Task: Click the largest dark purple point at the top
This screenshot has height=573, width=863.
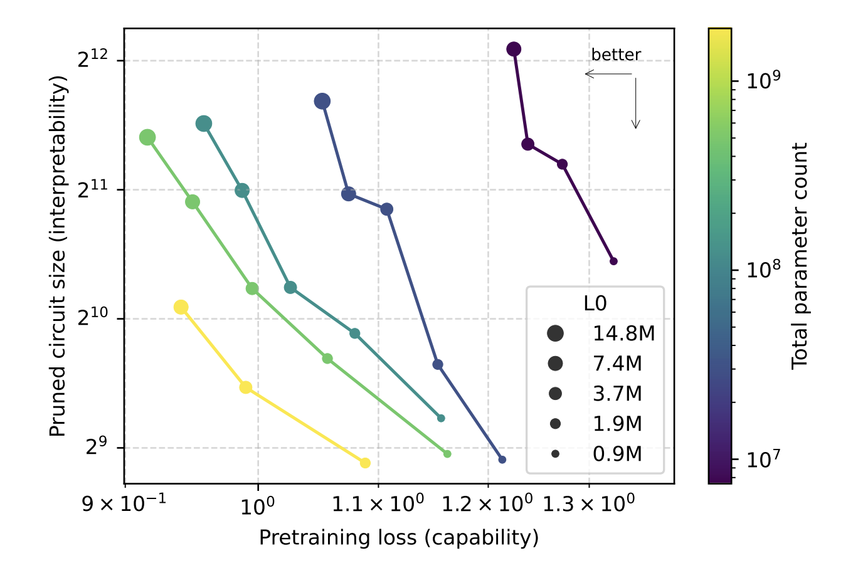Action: (x=514, y=49)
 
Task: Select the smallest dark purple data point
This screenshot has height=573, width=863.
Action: (x=613, y=261)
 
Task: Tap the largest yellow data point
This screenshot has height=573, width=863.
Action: (x=181, y=307)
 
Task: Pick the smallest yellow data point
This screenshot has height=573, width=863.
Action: (x=365, y=463)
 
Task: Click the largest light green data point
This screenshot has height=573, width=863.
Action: (x=147, y=137)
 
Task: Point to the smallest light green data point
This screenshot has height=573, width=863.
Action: (x=447, y=454)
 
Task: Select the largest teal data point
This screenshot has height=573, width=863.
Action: (x=203, y=124)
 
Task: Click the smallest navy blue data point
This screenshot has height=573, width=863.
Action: (x=502, y=460)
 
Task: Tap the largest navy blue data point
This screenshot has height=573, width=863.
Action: (x=322, y=101)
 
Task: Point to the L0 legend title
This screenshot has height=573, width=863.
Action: (x=595, y=303)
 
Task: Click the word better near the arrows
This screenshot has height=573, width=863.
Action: (x=616, y=55)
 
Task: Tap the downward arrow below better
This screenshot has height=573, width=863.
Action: (x=635, y=103)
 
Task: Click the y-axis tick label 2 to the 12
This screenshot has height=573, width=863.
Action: (x=93, y=60)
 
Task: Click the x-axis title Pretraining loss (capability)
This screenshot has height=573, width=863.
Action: (x=399, y=537)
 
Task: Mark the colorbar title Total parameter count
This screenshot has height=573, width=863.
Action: (x=800, y=256)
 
